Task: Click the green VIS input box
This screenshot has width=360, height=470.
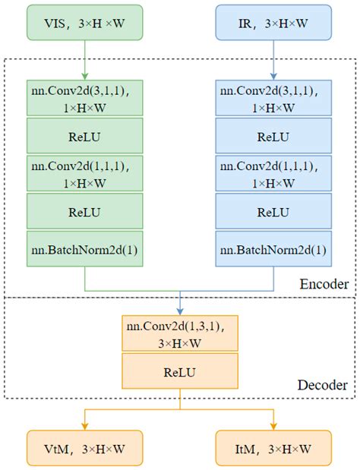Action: (x=84, y=23)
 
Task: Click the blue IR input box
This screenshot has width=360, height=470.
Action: (x=274, y=23)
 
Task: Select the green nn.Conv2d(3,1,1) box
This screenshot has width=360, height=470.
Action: (x=84, y=98)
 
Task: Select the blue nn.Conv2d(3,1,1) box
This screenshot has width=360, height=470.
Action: (x=274, y=98)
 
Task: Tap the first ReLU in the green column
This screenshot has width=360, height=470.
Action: (x=84, y=137)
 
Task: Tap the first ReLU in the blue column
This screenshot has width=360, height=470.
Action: (x=274, y=137)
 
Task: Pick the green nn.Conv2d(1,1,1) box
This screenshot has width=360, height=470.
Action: (x=84, y=174)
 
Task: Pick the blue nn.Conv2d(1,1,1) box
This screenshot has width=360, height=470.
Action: (x=274, y=174)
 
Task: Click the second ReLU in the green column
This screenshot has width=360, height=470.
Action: (x=84, y=212)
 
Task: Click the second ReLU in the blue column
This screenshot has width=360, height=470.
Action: (x=274, y=212)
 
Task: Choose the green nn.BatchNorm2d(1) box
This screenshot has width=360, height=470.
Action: (x=84, y=249)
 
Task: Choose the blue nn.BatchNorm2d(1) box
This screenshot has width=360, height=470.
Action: (x=274, y=249)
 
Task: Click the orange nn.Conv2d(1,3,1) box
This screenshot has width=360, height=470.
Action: (x=179, y=334)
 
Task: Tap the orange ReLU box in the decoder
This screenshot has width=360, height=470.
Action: (x=179, y=372)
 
